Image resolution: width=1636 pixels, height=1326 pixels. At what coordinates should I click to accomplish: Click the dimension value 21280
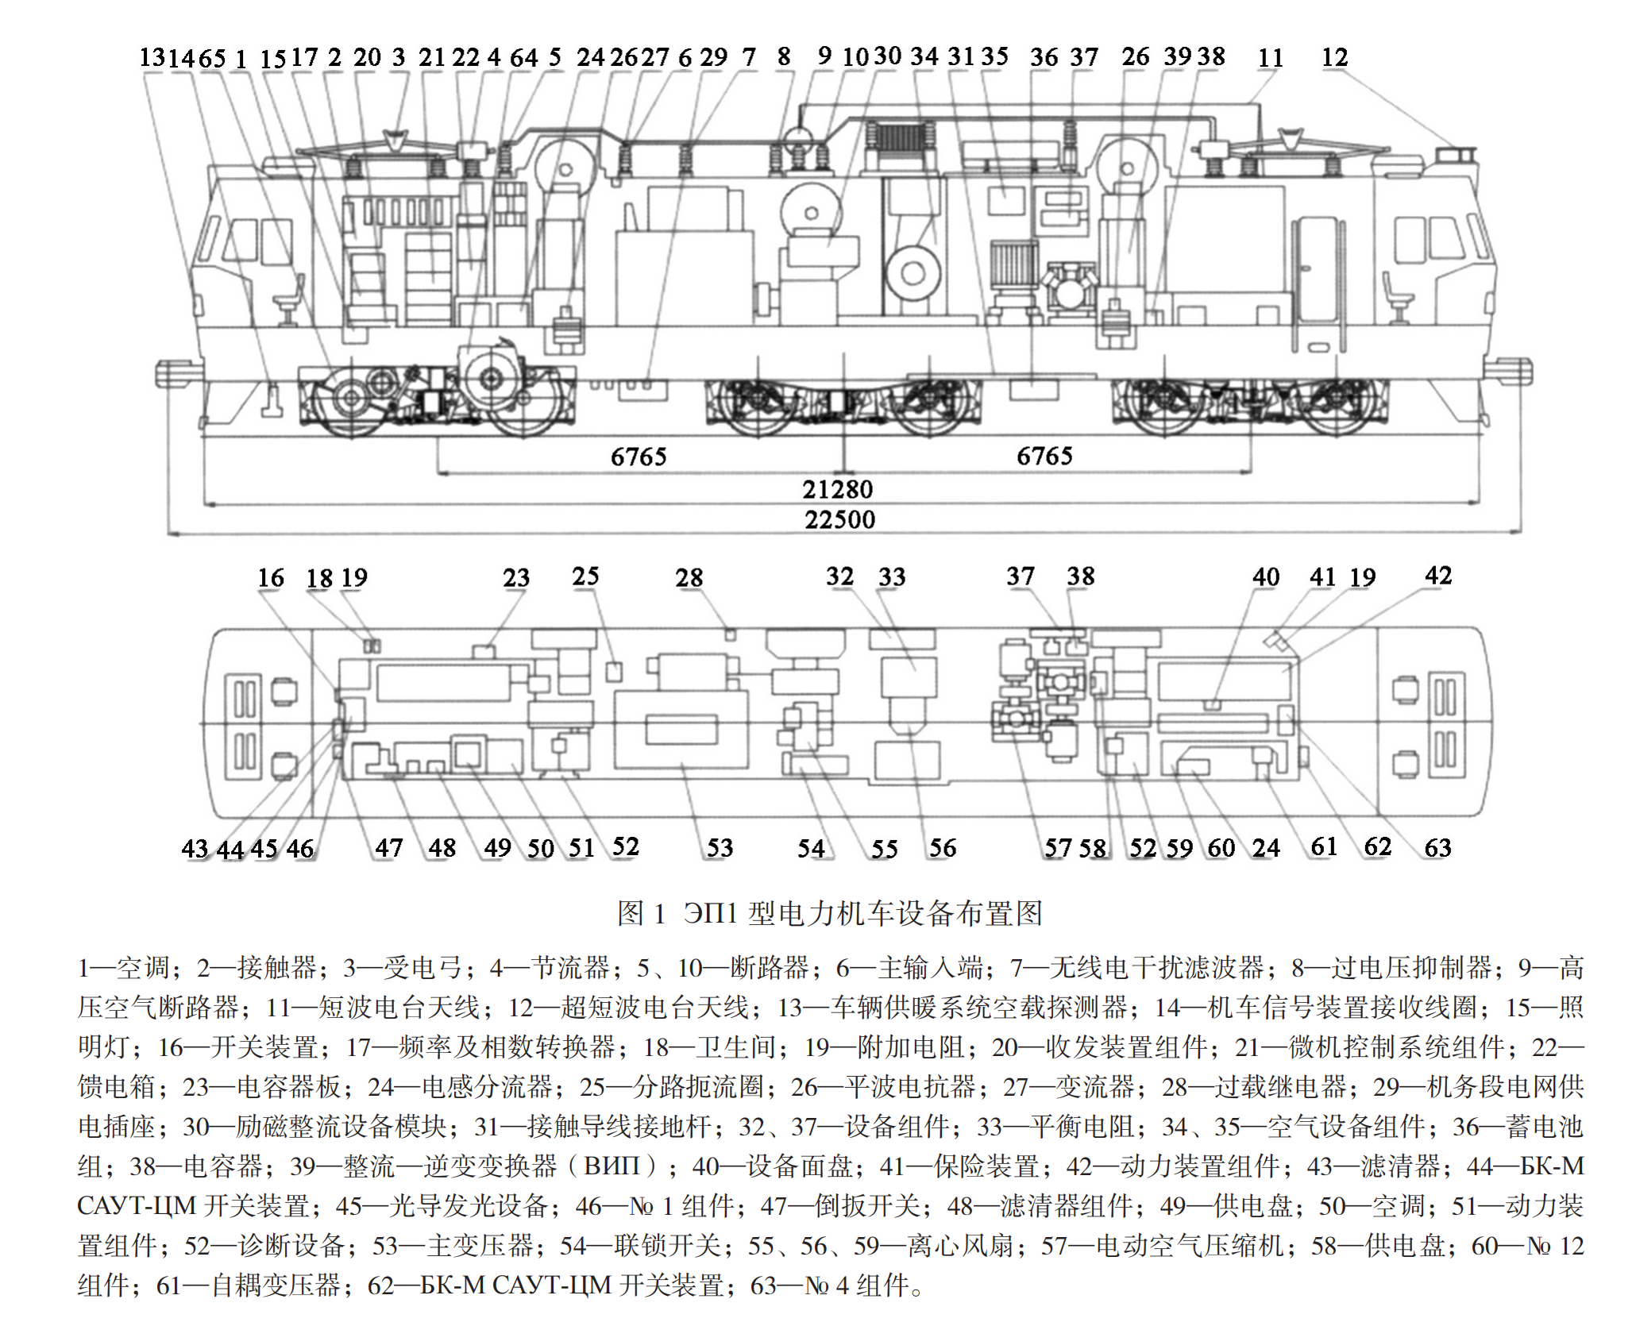[837, 489]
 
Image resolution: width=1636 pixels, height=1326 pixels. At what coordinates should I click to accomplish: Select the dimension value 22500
[839, 519]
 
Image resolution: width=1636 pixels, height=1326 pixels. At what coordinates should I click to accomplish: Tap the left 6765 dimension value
[639, 457]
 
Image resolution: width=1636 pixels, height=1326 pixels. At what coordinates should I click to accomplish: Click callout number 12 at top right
[1334, 57]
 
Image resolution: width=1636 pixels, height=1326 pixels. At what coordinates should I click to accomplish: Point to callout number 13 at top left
[152, 57]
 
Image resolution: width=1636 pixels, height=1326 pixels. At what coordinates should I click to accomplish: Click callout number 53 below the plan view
[720, 847]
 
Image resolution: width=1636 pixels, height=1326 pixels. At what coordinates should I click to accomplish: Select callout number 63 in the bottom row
[1437, 847]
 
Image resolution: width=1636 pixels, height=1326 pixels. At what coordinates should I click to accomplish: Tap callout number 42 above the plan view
[1438, 576]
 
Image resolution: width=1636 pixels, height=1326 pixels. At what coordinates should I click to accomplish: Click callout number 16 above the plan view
[271, 577]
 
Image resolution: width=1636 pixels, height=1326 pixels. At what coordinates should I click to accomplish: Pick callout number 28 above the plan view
[689, 577]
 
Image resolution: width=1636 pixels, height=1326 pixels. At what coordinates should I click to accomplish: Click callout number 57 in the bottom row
[1058, 847]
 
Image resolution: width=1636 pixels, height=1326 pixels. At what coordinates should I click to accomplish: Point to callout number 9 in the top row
[824, 56]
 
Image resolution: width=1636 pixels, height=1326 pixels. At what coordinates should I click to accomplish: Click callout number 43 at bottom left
[195, 848]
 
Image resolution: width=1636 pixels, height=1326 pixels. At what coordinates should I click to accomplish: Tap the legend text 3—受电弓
[402, 967]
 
